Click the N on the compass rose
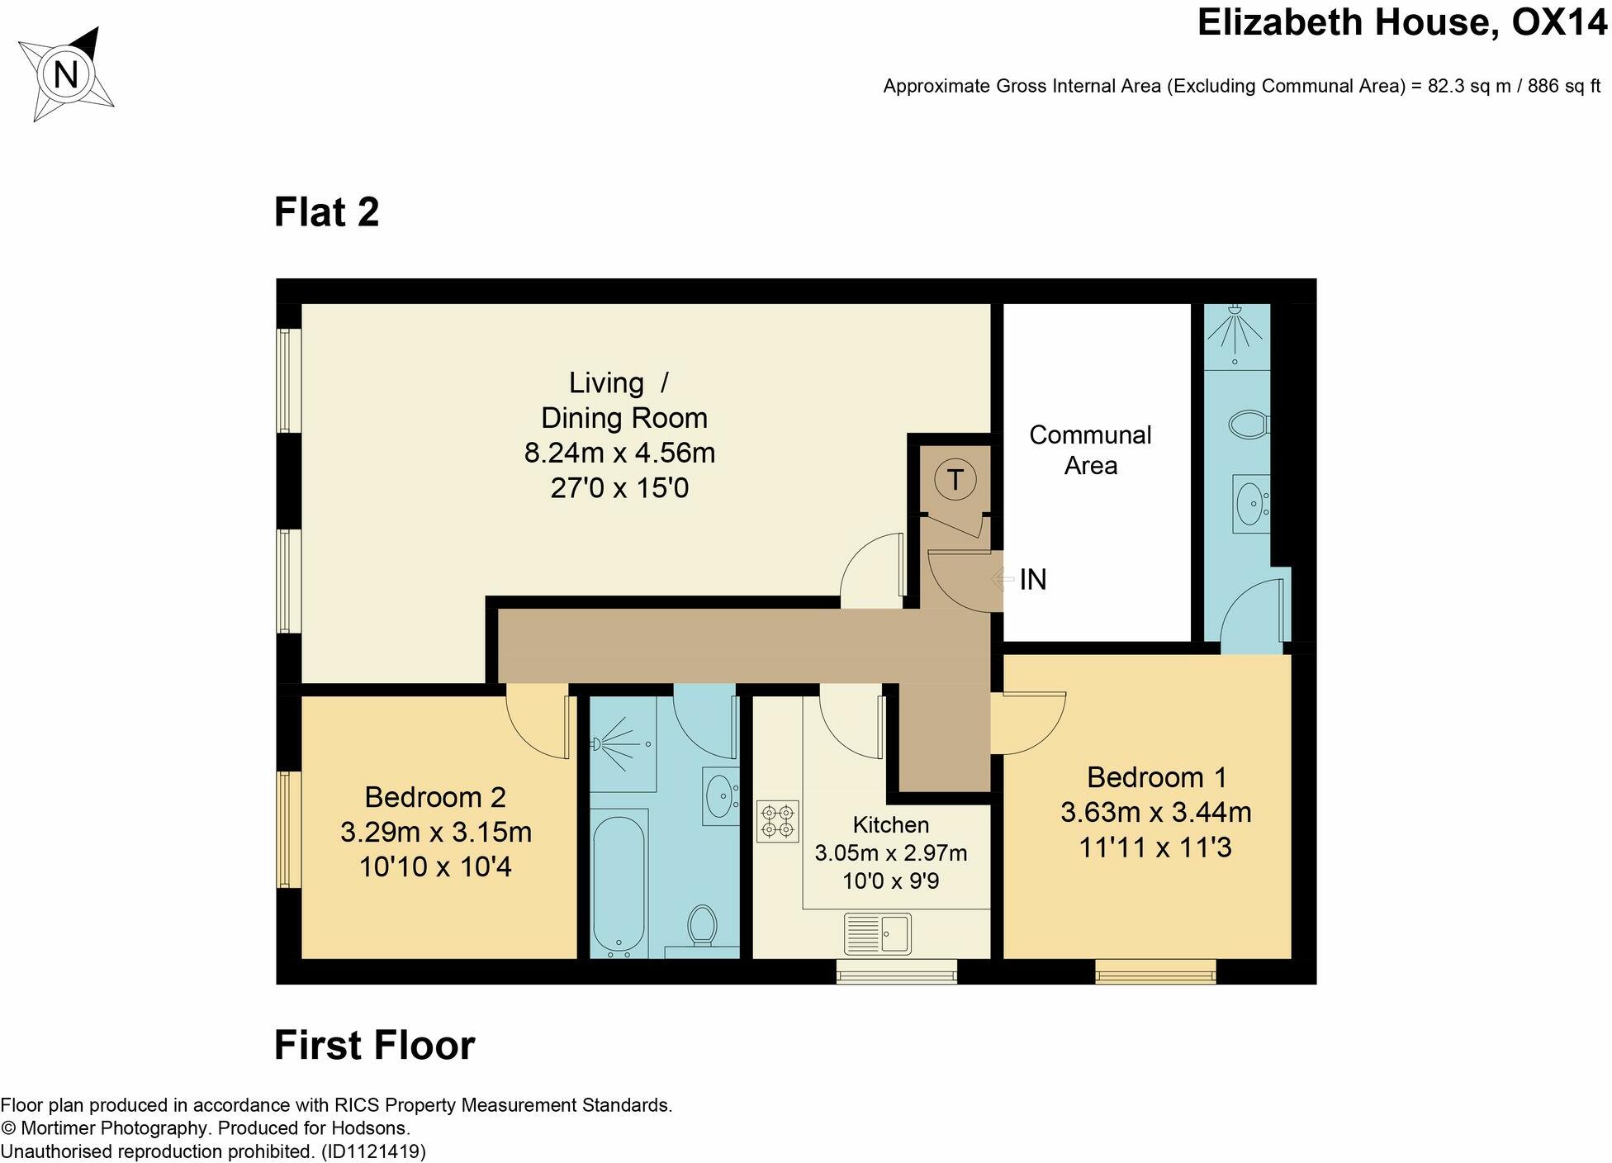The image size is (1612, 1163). (x=65, y=75)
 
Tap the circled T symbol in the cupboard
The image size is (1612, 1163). (x=955, y=479)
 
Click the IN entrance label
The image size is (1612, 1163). (x=1033, y=580)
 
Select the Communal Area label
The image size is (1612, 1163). (x=1090, y=450)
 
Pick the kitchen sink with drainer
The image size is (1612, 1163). (x=877, y=933)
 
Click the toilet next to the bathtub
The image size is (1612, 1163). (x=703, y=927)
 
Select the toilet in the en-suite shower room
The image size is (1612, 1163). (x=1249, y=425)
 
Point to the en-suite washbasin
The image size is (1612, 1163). (x=1250, y=503)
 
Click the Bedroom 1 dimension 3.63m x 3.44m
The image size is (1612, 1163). (x=1155, y=813)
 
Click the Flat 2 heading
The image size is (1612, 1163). (x=326, y=212)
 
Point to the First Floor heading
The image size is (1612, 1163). (x=374, y=1046)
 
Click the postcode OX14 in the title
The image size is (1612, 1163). (x=1559, y=23)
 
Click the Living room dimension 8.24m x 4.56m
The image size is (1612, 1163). (x=619, y=453)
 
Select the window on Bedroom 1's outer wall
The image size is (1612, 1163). (x=1155, y=971)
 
